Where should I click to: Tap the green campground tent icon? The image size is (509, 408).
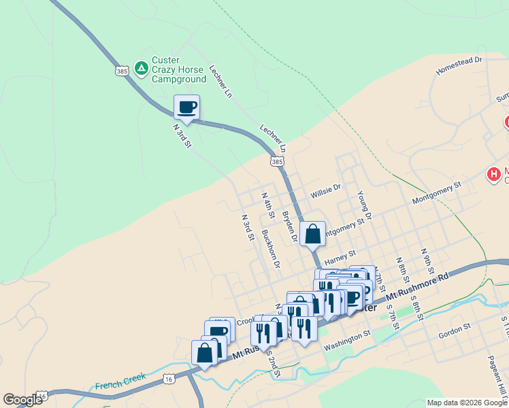[141, 68]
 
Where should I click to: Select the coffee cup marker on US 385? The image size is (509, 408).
[186, 107]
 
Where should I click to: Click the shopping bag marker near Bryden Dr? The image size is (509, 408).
[312, 235]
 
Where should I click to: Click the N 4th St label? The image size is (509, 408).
[267, 205]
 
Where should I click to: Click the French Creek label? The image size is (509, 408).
[117, 386]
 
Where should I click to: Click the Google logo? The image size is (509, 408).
[22, 399]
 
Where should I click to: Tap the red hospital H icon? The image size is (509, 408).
[493, 175]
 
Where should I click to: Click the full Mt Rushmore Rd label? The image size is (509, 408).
[418, 288]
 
